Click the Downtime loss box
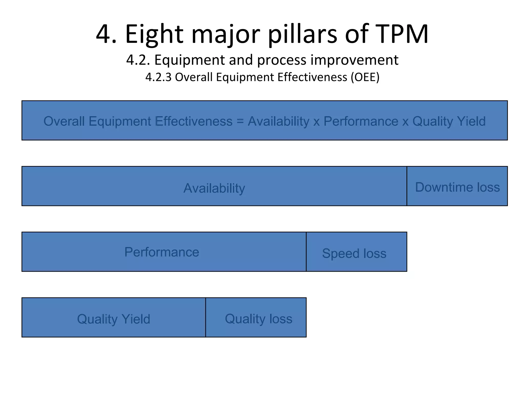[457, 186]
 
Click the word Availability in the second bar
[214, 188]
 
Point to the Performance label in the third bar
[162, 252]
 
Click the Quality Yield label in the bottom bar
[114, 319]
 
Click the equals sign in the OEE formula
[240, 121]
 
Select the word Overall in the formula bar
[64, 121]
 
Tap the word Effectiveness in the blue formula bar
[194, 121]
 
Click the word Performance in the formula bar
[361, 121]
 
